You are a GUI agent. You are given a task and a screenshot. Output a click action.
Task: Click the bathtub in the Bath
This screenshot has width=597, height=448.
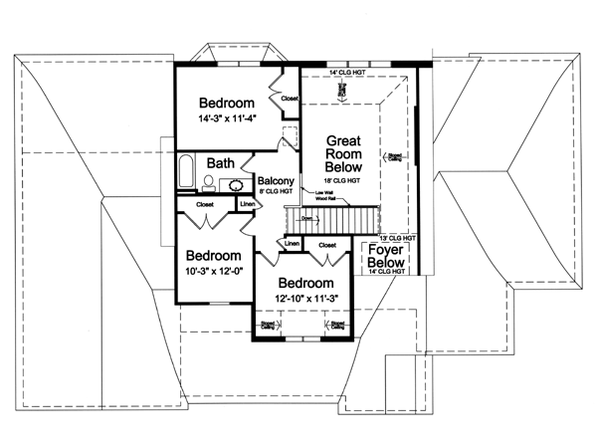[x=186, y=170]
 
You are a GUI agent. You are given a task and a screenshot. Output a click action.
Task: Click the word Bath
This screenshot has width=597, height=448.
[x=221, y=162]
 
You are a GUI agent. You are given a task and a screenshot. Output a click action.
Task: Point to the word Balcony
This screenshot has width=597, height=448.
[x=274, y=181]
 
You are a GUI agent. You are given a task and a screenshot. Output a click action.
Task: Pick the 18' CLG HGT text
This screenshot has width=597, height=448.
[x=342, y=182]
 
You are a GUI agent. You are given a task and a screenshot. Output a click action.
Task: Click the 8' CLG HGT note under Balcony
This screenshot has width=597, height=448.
[x=274, y=192]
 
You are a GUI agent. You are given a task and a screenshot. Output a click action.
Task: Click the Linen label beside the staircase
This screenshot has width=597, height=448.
[x=292, y=243]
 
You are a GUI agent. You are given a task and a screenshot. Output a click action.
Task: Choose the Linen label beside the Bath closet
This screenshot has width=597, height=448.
[x=248, y=204]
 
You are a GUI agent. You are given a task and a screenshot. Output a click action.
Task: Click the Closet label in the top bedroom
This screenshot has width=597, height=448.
[x=290, y=99]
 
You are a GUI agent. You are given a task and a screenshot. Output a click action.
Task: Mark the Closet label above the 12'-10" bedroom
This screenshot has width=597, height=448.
[x=327, y=243]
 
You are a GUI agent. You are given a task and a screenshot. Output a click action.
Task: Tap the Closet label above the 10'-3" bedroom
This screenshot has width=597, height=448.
[x=205, y=204]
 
